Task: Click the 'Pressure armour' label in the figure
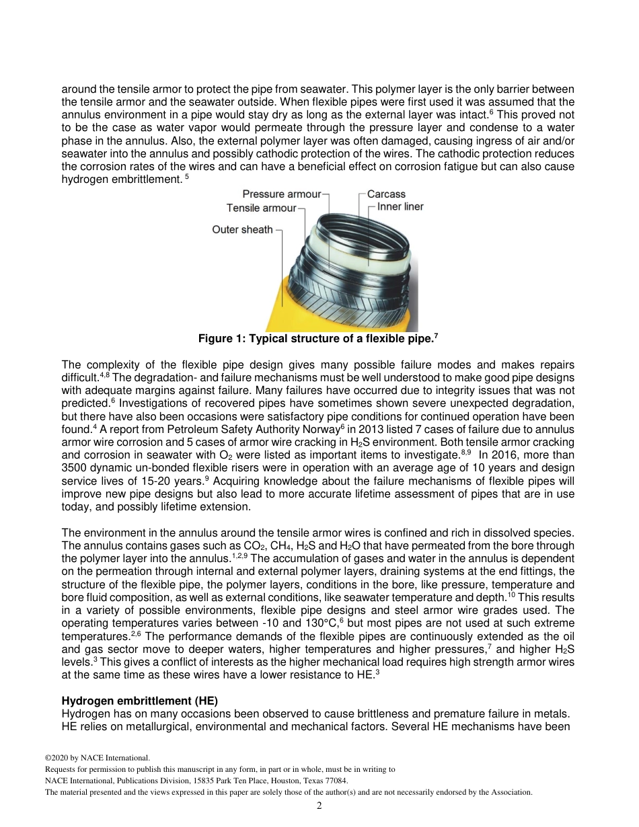[x=281, y=194]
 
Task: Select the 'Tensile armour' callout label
[x=261, y=208]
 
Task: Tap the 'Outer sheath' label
[x=242, y=230]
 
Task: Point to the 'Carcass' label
[x=386, y=194]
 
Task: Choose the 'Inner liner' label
[x=400, y=207]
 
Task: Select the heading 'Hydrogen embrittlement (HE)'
[x=139, y=701]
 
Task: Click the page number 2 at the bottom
[x=319, y=805]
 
